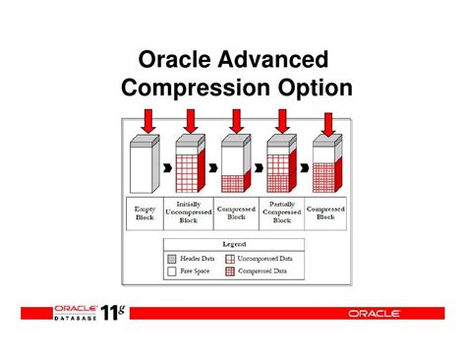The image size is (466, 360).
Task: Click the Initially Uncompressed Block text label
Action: click(190, 213)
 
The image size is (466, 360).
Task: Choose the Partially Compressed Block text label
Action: click(282, 213)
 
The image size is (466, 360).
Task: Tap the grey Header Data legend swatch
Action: click(174, 258)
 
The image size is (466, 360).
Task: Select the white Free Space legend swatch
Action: click(174, 271)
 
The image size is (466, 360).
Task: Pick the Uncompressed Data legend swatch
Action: click(231, 258)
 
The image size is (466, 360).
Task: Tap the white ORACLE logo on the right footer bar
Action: click(374, 314)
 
